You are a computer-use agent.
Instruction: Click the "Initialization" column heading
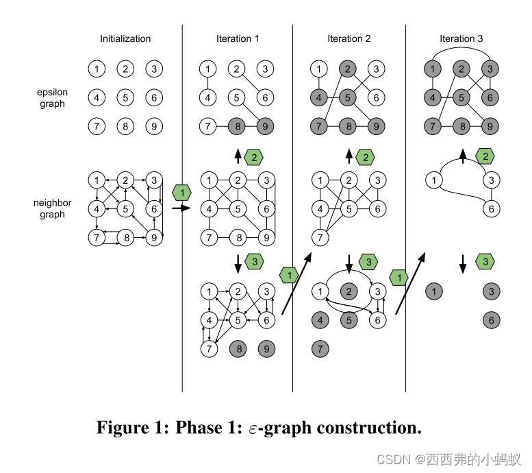coord(125,39)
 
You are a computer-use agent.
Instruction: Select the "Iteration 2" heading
coord(349,39)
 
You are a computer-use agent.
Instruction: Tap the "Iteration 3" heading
coord(461,39)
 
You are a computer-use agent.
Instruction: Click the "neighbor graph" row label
coord(52,209)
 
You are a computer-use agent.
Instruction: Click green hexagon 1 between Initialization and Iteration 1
coord(181,193)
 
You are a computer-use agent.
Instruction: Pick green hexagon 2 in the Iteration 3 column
coord(485,157)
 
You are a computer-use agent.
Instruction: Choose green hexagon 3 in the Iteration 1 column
coord(254,262)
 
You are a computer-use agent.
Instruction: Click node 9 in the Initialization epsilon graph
coord(154,126)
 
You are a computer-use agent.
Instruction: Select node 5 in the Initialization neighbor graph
coord(125,209)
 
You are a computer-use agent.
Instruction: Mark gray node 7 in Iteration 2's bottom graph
coord(318,349)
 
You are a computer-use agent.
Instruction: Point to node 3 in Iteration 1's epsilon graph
coord(265,69)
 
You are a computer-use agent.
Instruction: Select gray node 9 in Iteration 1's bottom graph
coord(265,349)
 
